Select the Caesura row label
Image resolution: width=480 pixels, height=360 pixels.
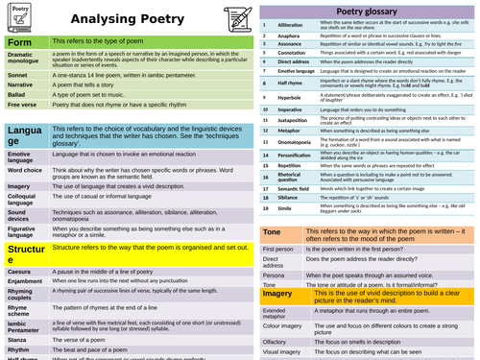[x=20, y=273]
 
